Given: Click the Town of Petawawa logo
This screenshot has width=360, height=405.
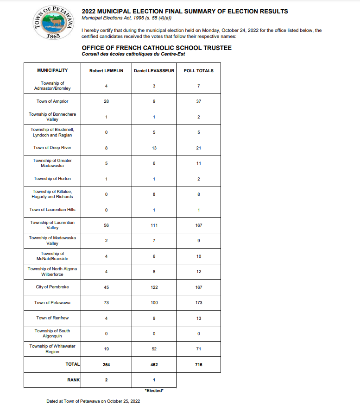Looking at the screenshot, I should click(54, 23).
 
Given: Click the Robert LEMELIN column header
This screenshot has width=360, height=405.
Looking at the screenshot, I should click(106, 70).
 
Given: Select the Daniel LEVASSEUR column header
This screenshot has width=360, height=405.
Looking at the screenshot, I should click(154, 70).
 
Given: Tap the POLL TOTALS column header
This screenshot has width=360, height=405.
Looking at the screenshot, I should click(198, 70).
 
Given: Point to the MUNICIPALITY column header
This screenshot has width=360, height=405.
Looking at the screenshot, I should click(52, 70).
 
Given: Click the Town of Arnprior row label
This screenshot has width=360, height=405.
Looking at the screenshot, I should click(52, 101).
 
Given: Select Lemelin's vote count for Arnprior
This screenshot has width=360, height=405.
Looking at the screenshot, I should click(106, 101).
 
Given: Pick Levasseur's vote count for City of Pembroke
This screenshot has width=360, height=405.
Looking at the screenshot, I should click(154, 287).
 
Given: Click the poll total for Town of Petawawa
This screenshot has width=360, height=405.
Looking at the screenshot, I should click(198, 303).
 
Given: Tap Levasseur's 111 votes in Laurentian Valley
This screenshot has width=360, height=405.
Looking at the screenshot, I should click(154, 225).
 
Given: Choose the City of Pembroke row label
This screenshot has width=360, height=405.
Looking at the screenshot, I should click(52, 287).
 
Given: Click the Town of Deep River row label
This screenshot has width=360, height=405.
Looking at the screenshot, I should click(52, 148).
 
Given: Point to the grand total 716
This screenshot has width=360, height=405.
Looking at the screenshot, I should click(198, 365).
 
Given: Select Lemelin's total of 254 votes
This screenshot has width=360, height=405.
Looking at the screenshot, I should click(106, 365).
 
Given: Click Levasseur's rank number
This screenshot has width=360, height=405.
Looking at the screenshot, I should click(154, 380).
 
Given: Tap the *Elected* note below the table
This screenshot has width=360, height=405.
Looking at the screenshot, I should click(154, 391).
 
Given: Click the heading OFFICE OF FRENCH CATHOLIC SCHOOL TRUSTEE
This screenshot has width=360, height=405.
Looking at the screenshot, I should click(157, 48).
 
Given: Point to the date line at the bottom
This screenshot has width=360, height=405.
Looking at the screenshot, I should click(93, 401).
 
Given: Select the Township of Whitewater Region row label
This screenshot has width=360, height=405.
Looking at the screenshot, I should click(52, 349).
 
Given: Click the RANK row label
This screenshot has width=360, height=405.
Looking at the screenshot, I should click(73, 380).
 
